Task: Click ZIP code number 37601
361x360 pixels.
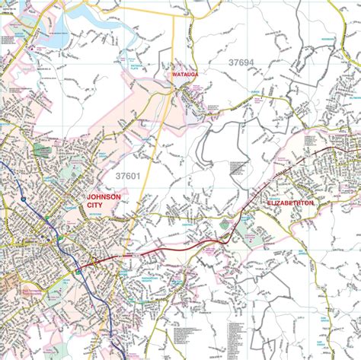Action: (127, 176)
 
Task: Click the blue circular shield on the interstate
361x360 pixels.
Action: (26, 199)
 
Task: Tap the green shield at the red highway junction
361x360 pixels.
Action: (78, 270)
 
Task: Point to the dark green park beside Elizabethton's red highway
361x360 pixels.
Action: (225, 225)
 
